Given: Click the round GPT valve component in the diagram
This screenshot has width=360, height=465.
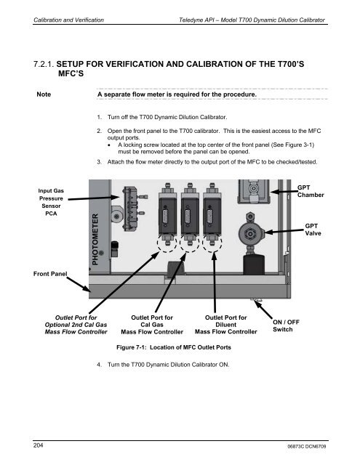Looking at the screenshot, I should [x=249, y=235].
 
